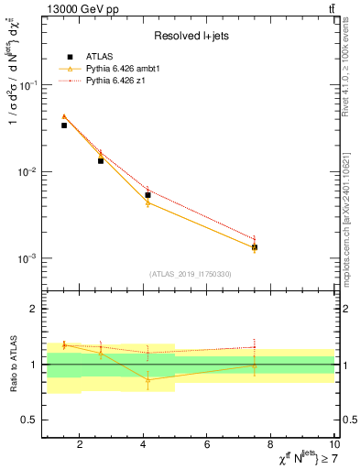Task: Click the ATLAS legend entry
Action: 120,57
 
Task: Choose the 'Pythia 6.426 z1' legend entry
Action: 127,81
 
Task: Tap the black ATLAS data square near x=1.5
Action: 64,125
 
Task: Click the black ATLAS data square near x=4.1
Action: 147,195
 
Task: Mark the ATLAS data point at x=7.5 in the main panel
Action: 255,247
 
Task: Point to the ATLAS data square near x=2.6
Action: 101,160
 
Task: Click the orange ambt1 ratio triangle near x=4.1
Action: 147,379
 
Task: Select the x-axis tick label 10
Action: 333,445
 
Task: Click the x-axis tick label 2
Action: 80,445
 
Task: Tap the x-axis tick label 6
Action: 207,445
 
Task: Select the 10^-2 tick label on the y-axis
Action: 27,172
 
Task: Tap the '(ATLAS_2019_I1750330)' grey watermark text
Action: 190,274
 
